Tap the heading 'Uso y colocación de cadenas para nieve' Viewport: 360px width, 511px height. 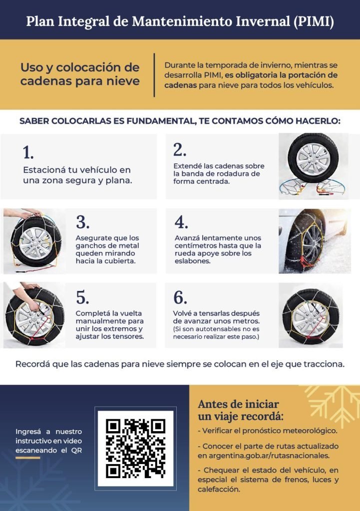[80, 74]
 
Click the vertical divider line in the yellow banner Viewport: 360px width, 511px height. [154, 75]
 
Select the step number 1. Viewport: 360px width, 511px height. [28, 153]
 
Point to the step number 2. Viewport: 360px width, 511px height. [180, 150]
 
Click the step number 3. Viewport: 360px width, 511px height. [82, 222]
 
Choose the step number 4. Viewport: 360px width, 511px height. [181, 222]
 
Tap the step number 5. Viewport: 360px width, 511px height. [82, 297]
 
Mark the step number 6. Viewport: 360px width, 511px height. [180, 297]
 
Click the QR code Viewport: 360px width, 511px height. [135, 449]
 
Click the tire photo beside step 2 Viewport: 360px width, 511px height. [313, 166]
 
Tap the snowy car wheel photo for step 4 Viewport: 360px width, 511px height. [315, 241]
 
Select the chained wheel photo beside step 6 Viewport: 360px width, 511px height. [311, 315]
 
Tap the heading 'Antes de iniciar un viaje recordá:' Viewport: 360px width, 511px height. [241, 410]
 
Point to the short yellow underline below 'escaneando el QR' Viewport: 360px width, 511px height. [28, 458]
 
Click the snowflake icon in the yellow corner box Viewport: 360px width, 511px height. [333, 404]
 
